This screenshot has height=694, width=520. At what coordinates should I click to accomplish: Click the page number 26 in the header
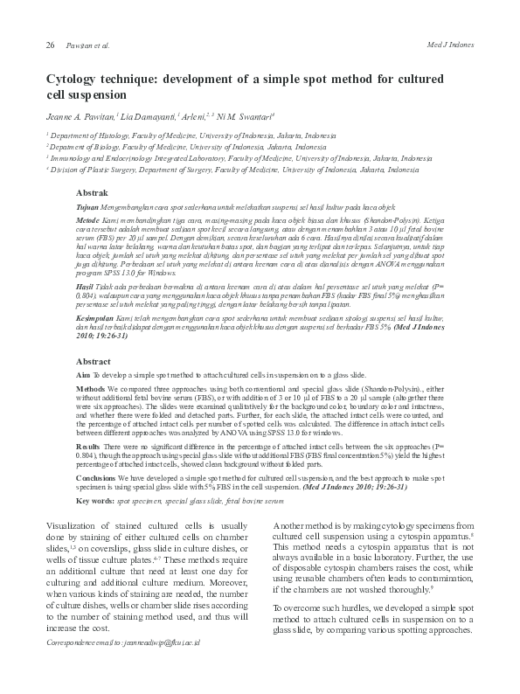(51, 44)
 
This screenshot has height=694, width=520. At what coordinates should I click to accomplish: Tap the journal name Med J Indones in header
(449, 44)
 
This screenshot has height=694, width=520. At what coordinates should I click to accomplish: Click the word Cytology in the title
(73, 79)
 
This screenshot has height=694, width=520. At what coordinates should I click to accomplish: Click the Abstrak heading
(93, 191)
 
